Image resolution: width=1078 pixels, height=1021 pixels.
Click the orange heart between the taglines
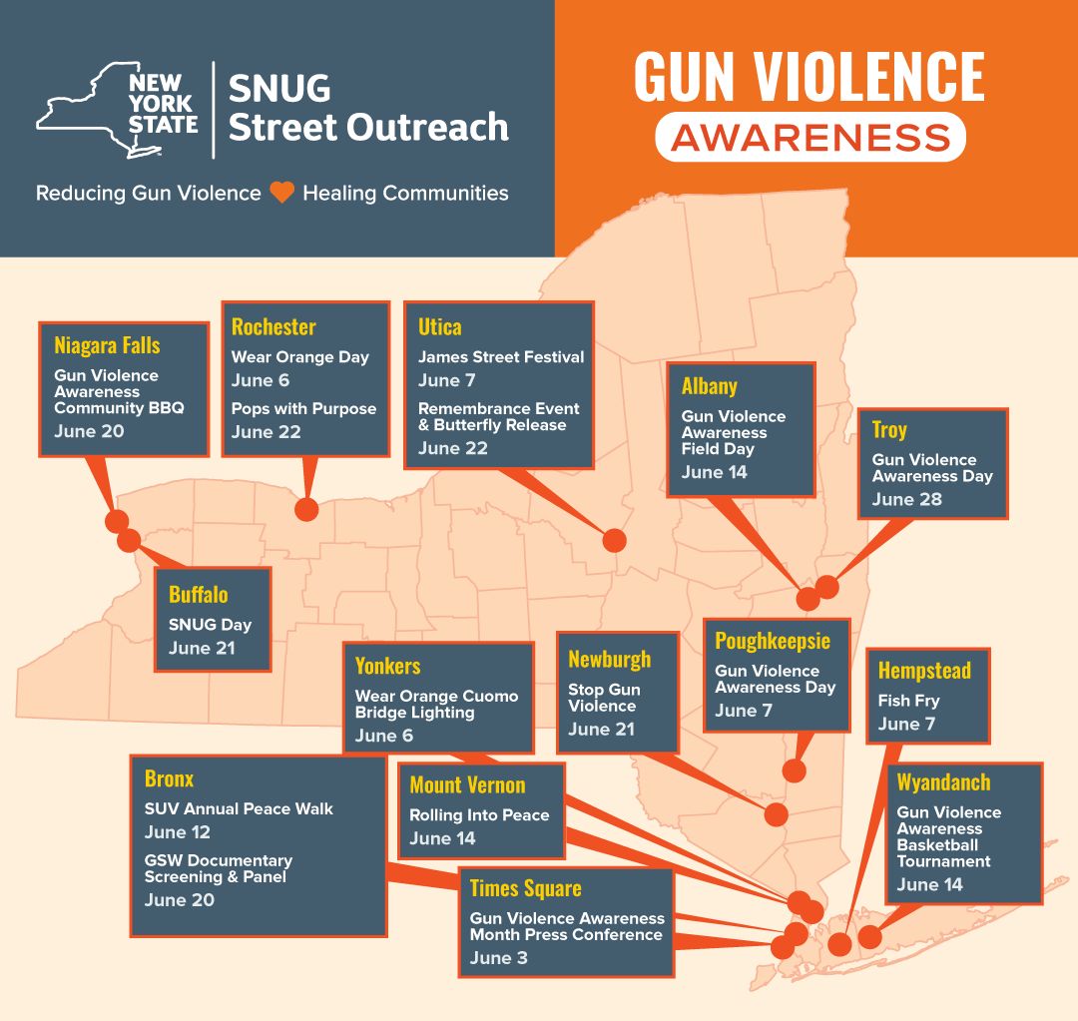pos(281,193)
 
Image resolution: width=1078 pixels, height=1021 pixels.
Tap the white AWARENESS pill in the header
pos(810,137)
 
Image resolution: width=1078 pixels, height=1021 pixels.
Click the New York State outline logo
pos(118,110)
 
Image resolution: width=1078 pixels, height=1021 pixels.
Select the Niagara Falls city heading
pos(107,345)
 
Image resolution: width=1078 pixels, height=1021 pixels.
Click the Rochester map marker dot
pos(306,509)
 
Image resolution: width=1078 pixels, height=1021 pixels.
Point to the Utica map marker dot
pos(614,540)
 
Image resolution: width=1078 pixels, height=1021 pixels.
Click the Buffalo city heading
pos(198,595)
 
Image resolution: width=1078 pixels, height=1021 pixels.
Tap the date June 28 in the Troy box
pos(906,500)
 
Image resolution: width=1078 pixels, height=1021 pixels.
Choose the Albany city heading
pos(710,386)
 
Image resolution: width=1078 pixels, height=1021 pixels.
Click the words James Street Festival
pos(501,357)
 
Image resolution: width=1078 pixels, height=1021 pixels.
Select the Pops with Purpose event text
pos(303,408)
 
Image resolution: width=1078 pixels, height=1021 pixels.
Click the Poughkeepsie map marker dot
pos(795,770)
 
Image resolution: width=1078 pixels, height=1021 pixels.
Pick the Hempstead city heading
pos(924,671)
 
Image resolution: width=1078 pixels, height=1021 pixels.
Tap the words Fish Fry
pos(909,701)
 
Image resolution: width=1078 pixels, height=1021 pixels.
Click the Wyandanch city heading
pos(944,782)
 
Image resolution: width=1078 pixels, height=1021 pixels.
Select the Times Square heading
pos(526,888)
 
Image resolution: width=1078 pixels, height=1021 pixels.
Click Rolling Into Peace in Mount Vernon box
pos(480,815)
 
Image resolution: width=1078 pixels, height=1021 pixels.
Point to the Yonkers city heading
pos(387,667)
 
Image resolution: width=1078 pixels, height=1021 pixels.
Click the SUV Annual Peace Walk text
pos(239,809)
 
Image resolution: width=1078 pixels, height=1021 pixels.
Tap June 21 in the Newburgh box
pos(601,730)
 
